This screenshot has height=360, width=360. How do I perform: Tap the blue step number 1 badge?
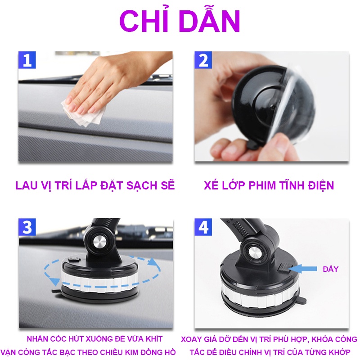[x=27, y=60]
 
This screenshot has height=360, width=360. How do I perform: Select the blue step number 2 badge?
[x=203, y=60]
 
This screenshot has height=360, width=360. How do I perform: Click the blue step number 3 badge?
[x=27, y=227]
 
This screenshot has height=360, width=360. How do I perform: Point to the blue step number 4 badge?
[x=203, y=227]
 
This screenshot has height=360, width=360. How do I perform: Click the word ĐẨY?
[x=330, y=269]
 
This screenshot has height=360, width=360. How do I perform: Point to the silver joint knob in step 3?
[x=100, y=243]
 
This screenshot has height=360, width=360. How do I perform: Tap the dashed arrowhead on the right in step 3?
[x=153, y=262]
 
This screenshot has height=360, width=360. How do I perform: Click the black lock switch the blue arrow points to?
[x=283, y=268]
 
